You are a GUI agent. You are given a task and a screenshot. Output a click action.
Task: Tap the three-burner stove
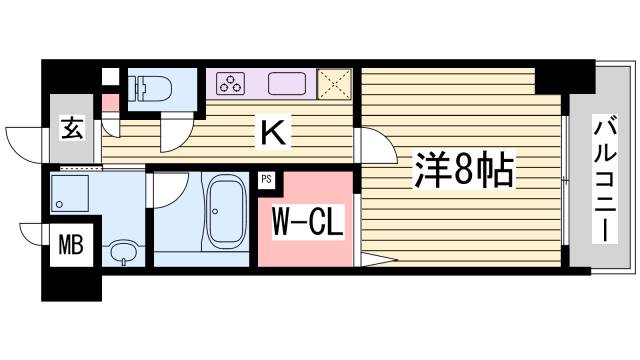(x=229, y=82)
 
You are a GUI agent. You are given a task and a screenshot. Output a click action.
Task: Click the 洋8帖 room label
(x=463, y=173)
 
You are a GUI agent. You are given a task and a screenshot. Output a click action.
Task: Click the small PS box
(x=267, y=180)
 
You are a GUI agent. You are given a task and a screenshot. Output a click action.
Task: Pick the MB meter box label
(x=69, y=244)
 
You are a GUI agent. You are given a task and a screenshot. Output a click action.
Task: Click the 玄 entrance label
(x=71, y=127)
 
